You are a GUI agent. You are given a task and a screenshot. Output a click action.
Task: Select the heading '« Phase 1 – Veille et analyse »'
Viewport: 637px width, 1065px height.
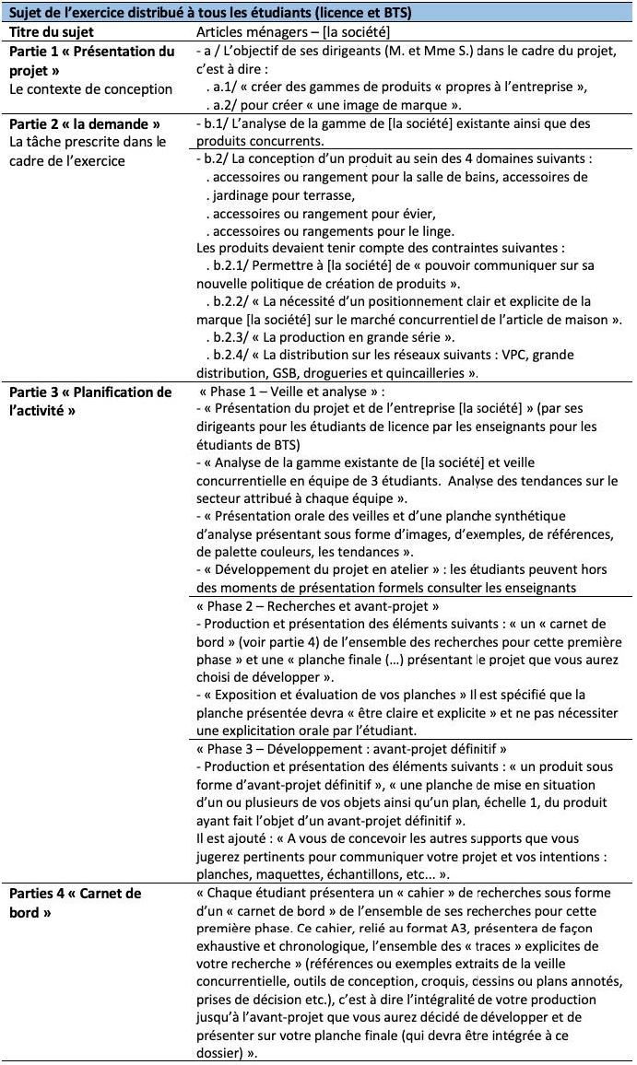(x=292, y=392)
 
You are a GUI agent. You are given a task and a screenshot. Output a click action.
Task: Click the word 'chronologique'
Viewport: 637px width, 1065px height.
(x=324, y=946)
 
